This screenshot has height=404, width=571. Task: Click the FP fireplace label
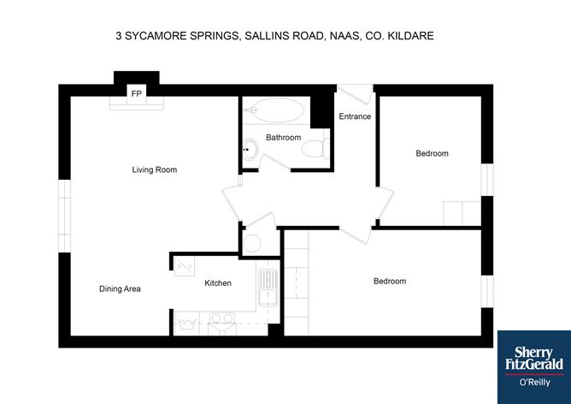(x=135, y=92)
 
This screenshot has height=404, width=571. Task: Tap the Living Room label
(x=154, y=169)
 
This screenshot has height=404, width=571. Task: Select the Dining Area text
(x=120, y=288)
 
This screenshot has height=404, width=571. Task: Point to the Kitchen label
(x=217, y=283)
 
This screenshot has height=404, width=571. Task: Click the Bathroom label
(x=283, y=137)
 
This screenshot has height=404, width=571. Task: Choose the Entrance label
(x=355, y=116)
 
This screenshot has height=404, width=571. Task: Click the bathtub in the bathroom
(x=274, y=111)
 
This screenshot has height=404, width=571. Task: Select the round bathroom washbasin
(x=249, y=149)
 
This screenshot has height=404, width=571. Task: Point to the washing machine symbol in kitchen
(x=186, y=324)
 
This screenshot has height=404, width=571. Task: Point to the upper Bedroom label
(x=432, y=153)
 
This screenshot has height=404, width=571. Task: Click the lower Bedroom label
(x=390, y=281)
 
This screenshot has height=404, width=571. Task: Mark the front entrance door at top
(x=355, y=89)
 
